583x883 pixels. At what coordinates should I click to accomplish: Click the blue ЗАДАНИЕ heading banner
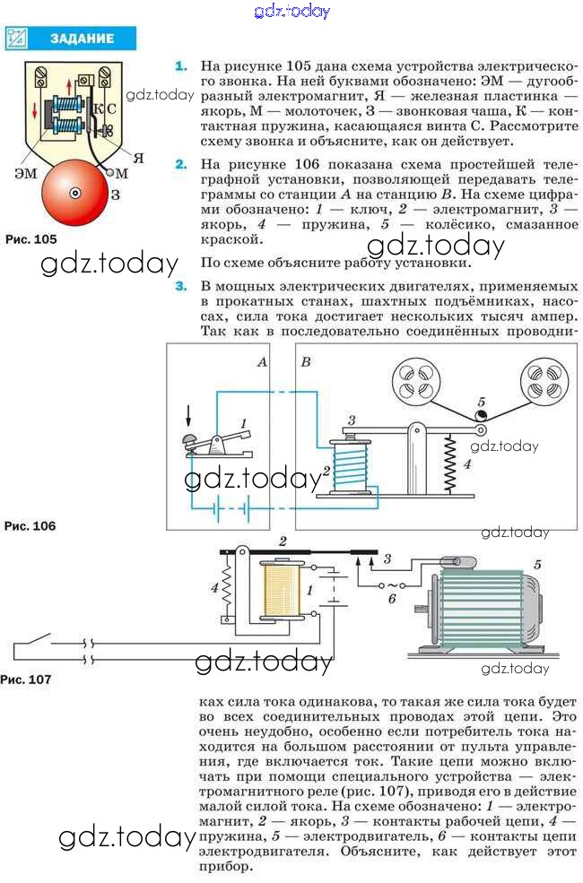(71, 39)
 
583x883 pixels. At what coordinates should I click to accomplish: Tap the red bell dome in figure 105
(75, 193)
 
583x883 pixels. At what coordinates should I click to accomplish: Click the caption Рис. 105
(31, 239)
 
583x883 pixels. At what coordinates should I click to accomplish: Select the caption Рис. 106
(30, 526)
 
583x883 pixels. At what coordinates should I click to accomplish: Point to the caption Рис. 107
(26, 680)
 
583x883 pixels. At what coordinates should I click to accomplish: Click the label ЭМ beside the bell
(26, 173)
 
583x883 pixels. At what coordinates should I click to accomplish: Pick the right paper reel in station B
(544, 381)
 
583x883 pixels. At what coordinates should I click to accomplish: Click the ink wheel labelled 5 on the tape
(481, 416)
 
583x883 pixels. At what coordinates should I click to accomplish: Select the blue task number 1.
(181, 66)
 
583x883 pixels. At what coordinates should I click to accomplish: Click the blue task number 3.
(181, 286)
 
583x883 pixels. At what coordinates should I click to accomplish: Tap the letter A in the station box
(262, 362)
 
